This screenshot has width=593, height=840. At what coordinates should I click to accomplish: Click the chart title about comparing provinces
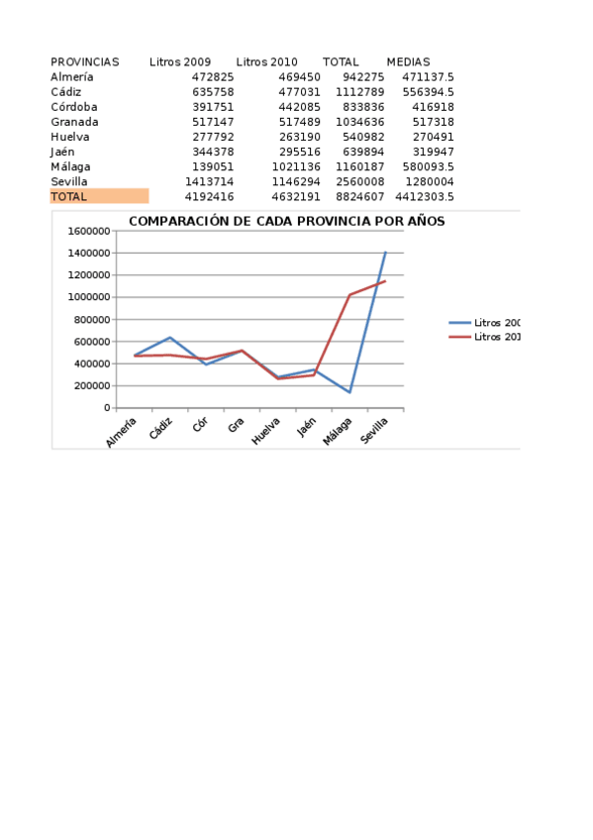(286, 221)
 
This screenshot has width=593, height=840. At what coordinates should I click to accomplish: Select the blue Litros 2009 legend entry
(485, 323)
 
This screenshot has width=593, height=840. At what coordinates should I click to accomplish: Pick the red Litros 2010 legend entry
(485, 337)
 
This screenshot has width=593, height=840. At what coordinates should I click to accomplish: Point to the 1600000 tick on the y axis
(89, 231)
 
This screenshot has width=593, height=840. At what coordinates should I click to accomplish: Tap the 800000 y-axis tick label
(92, 320)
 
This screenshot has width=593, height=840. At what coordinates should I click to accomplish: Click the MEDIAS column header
(408, 61)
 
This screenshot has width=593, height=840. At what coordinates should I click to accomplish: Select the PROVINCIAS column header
(84, 61)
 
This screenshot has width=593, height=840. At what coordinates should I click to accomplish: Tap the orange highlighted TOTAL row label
(69, 196)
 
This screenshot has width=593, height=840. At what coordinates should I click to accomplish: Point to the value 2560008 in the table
(363, 181)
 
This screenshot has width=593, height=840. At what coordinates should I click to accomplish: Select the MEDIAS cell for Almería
(428, 76)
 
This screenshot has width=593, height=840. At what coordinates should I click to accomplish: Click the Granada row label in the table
(74, 122)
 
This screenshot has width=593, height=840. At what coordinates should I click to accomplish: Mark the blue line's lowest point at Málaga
(349, 392)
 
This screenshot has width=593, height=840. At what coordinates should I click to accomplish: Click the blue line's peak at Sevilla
(385, 252)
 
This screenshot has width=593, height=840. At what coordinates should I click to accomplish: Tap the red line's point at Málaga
(349, 294)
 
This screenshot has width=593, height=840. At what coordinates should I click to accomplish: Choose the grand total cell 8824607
(363, 196)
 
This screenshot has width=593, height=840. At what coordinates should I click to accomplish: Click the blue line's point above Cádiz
(170, 338)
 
